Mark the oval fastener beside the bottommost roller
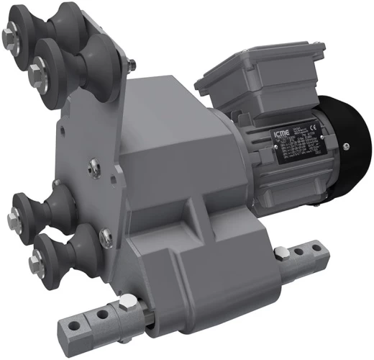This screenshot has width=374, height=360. [x=105, y=234]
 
